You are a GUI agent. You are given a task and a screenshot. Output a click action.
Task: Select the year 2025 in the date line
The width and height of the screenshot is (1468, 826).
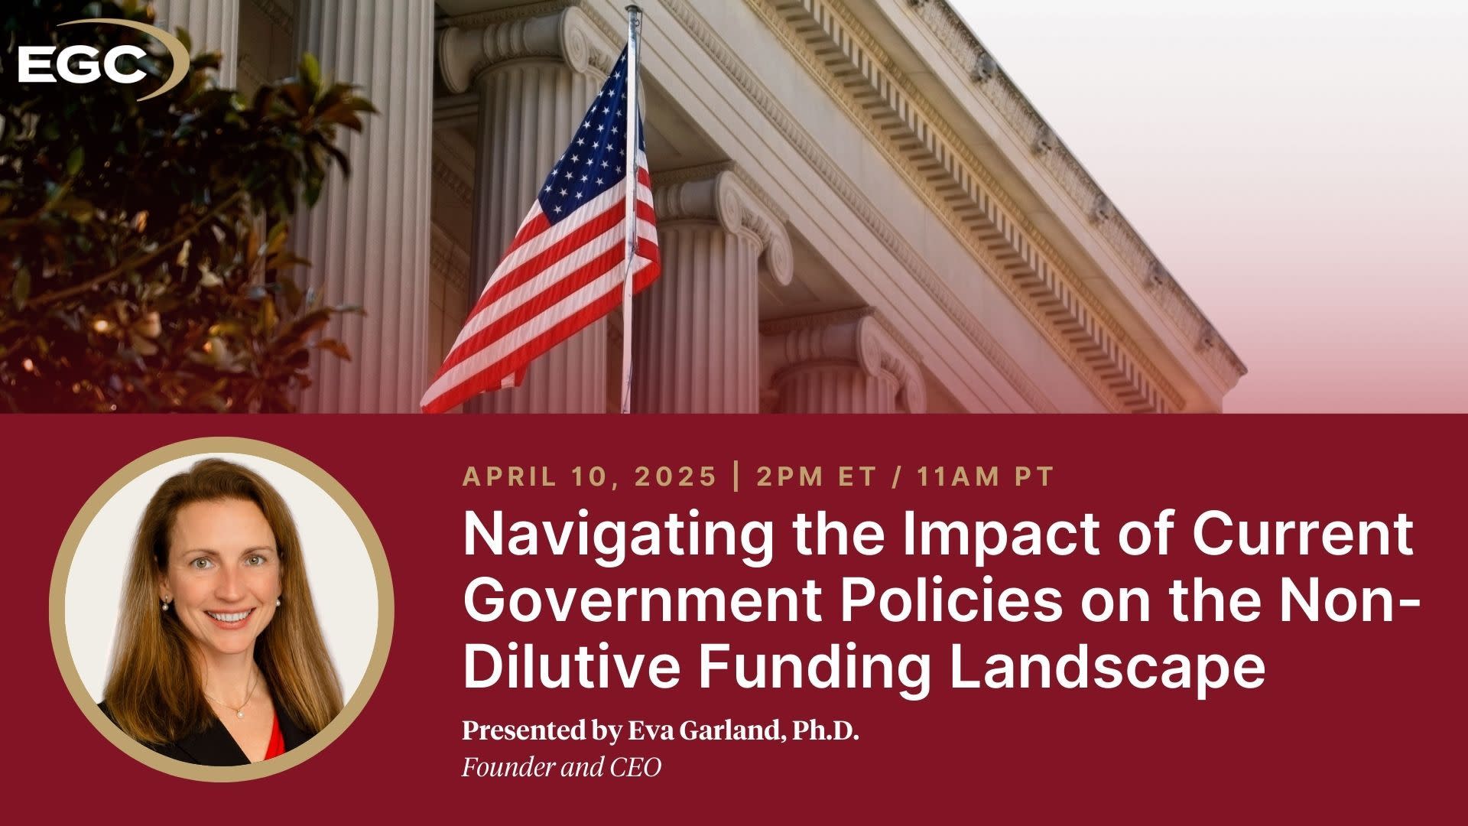(676, 477)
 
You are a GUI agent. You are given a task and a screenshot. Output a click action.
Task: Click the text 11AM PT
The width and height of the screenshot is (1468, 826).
(986, 477)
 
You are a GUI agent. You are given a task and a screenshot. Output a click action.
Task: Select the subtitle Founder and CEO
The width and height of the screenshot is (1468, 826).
(561, 767)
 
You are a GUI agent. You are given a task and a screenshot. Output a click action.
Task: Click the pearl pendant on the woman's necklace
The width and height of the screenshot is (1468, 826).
(239, 713)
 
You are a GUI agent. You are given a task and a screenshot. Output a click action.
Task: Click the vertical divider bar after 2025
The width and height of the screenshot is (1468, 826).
(736, 477)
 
